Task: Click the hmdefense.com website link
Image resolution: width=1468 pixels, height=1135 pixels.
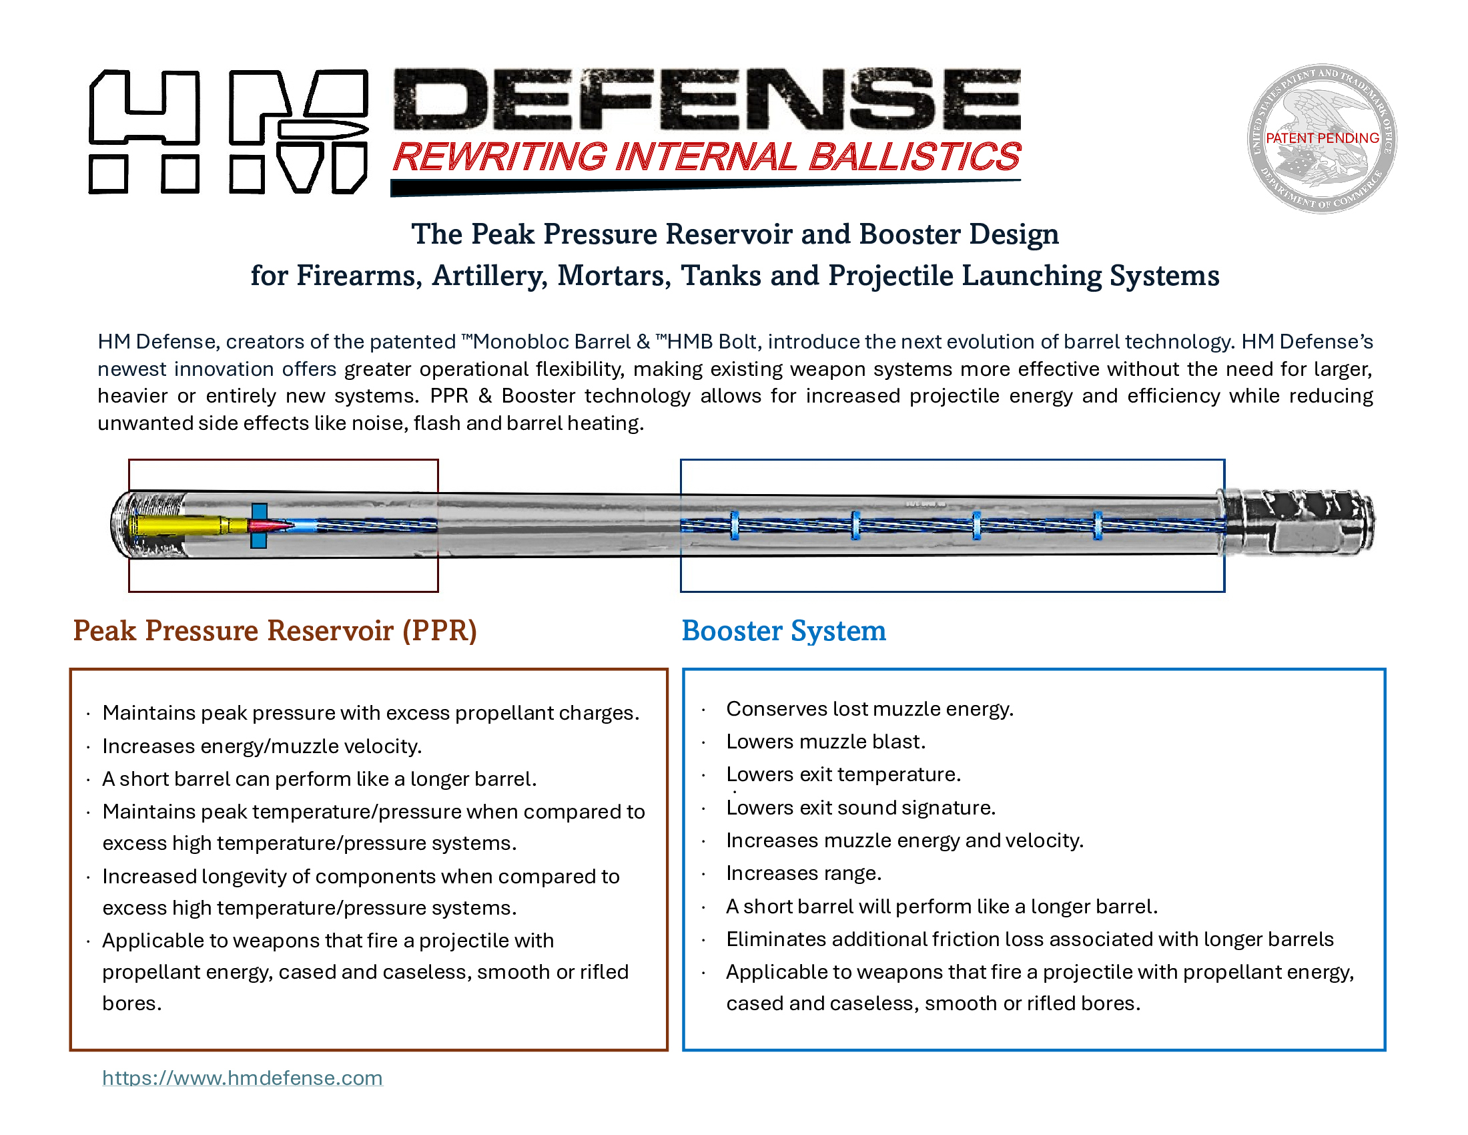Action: tap(242, 1078)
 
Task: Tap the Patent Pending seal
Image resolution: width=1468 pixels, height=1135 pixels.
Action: tap(1321, 138)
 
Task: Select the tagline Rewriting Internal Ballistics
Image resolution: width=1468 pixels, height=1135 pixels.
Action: tap(706, 157)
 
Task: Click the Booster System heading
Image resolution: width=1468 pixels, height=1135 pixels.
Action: tap(783, 631)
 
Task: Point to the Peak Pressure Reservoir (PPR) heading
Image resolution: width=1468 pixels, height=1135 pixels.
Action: tap(274, 631)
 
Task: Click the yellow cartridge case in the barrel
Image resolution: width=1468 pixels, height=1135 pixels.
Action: tap(178, 525)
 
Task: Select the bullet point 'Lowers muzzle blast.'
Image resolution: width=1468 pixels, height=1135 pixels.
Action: tap(825, 742)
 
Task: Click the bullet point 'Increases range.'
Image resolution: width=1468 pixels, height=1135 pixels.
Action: tap(803, 873)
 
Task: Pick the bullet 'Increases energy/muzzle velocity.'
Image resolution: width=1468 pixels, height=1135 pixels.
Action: tap(262, 746)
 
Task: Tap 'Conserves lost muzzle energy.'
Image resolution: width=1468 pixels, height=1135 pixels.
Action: tap(869, 708)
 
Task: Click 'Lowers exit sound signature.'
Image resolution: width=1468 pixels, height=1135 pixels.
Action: tap(860, 808)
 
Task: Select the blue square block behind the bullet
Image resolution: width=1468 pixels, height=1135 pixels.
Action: tap(259, 525)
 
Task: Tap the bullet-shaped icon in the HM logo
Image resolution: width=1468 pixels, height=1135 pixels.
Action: tap(323, 130)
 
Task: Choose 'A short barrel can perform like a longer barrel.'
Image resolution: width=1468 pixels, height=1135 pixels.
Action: tap(319, 779)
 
